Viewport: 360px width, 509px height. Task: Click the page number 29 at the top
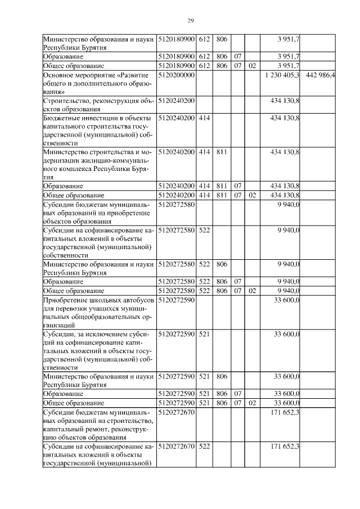coord(190,21)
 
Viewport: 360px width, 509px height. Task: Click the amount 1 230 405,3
coord(281,75)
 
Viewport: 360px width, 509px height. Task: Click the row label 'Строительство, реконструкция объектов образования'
coord(98,105)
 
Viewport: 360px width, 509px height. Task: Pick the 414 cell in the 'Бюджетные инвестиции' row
coord(204,118)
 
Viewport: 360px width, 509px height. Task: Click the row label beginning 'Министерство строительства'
coord(98,164)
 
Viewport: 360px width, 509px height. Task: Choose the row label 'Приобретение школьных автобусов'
coord(98,313)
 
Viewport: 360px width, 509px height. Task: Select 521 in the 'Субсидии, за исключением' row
coord(204,334)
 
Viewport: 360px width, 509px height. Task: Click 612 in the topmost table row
coord(204,38)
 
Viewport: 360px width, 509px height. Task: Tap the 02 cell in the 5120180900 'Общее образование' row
coord(252,66)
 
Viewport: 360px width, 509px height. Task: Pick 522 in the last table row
coord(204,447)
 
